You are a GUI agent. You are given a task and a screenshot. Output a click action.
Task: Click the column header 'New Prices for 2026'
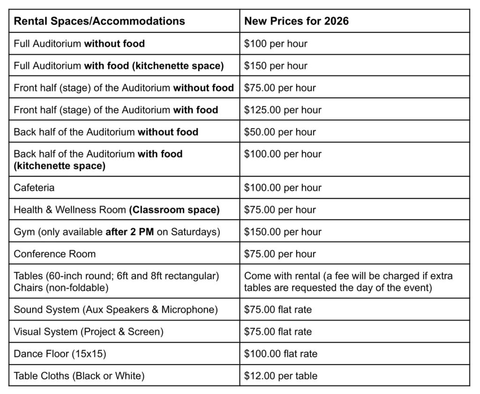tap(296, 21)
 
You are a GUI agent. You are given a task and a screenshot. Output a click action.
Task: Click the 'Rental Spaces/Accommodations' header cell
tap(99, 21)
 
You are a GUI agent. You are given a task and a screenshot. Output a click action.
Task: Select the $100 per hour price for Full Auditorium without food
tap(276, 44)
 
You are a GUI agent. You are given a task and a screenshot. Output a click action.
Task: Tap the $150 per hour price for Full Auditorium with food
tap(276, 66)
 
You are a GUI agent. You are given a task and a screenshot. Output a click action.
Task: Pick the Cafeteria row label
tap(34, 187)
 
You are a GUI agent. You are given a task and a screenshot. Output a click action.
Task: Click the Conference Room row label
tap(55, 254)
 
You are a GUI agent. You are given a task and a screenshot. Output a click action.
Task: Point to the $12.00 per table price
tap(281, 376)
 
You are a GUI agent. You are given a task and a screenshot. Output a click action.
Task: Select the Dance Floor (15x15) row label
tap(60, 354)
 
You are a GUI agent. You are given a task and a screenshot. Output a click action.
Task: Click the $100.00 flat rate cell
tap(281, 354)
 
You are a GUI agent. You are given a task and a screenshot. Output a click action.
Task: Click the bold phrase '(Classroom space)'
tap(174, 210)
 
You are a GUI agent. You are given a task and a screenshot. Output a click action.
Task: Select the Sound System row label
tap(116, 310)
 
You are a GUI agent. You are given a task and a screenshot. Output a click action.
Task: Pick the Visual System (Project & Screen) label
tap(89, 332)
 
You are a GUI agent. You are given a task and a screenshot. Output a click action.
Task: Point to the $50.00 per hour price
tap(280, 132)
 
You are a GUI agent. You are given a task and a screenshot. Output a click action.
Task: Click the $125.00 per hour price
tap(283, 110)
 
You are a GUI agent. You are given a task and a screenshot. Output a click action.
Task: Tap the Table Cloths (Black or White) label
tap(79, 376)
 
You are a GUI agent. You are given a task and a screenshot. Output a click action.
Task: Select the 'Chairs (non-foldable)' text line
tap(61, 288)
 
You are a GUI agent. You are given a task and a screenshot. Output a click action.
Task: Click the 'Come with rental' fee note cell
tap(349, 282)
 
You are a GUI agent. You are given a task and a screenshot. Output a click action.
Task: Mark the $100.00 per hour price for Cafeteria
tap(283, 187)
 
